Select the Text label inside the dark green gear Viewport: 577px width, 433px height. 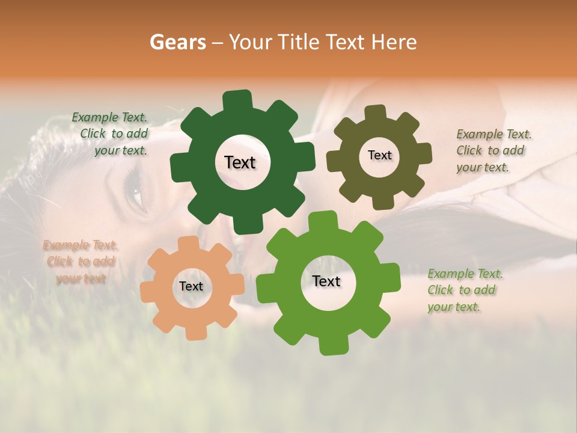(x=240, y=162)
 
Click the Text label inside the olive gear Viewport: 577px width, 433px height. (x=379, y=155)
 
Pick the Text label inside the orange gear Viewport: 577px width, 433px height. (x=191, y=286)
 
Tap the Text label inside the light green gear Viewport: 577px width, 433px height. (x=326, y=281)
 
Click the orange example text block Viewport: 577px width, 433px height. (x=81, y=262)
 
